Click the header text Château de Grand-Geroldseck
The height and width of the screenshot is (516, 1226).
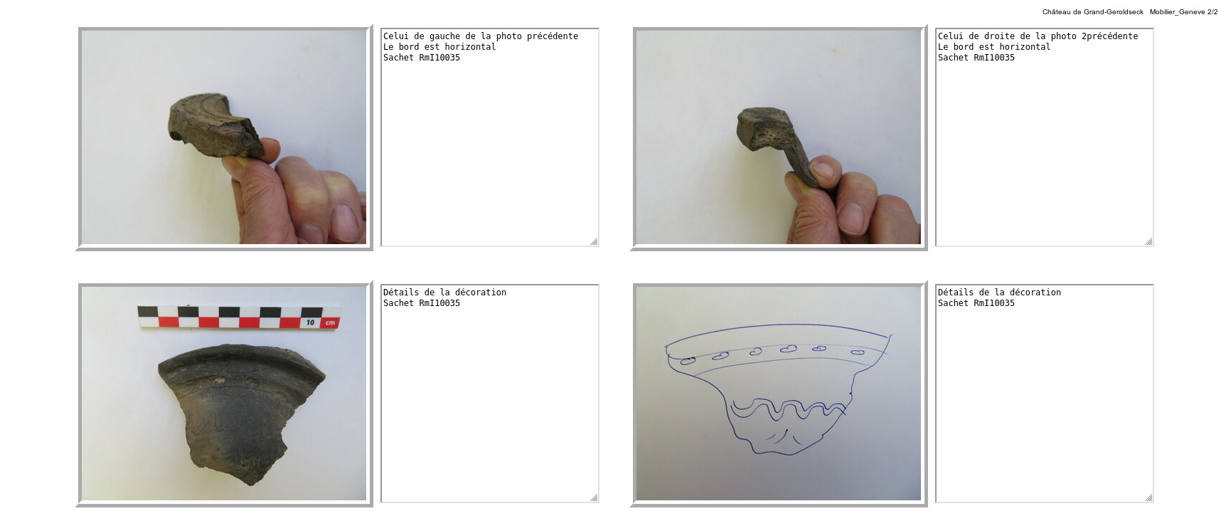[1092, 12]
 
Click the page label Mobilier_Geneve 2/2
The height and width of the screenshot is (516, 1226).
[1183, 12]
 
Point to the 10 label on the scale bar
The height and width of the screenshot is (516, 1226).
[310, 322]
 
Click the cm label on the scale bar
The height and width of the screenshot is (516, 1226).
[330, 322]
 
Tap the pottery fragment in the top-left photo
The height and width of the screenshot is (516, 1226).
[215, 125]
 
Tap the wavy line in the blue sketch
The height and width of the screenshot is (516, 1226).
[788, 409]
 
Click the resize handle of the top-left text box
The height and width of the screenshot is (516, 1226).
[594, 241]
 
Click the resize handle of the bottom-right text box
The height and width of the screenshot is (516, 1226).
[1148, 497]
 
